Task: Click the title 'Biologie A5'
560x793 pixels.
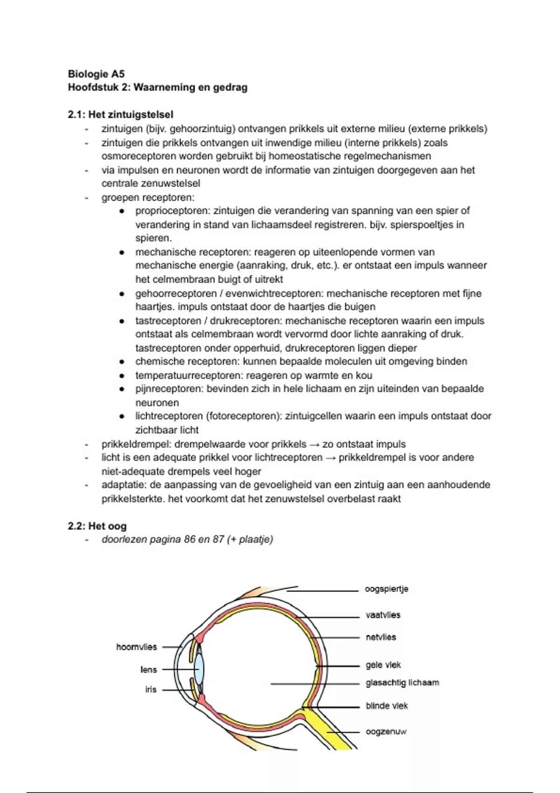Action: (x=96, y=74)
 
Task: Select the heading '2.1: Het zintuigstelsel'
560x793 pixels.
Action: (x=120, y=115)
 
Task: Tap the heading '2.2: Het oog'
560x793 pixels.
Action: (x=97, y=526)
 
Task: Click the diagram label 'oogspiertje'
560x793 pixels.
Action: (x=386, y=589)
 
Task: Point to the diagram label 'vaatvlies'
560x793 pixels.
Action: (x=383, y=615)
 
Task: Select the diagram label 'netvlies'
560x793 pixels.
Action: (x=381, y=637)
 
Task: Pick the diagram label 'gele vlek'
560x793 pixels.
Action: (x=383, y=665)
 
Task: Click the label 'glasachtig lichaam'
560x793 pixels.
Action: (x=402, y=683)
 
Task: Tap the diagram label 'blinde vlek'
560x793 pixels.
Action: (x=386, y=706)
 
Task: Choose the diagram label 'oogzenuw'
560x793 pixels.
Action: (x=386, y=732)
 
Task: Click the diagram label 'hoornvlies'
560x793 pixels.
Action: (x=136, y=647)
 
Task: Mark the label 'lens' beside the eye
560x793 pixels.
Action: (x=148, y=670)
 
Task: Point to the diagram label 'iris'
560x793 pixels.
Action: (x=150, y=689)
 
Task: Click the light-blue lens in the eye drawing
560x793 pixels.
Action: (x=199, y=669)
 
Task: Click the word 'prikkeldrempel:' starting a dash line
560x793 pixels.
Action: (x=136, y=445)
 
